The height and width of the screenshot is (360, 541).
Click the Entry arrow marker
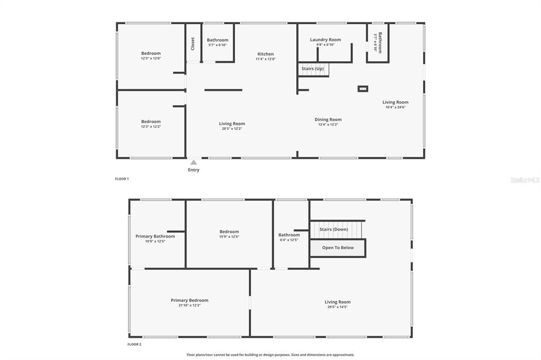tap(194, 163)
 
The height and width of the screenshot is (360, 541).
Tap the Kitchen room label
tap(266, 54)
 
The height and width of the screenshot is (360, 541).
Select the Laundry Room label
tap(325, 40)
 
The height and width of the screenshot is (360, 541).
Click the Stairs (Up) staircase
tap(313, 69)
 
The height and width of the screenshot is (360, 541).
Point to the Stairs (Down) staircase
tap(337, 230)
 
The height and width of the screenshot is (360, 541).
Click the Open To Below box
tap(338, 248)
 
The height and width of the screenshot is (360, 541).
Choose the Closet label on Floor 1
tap(193, 43)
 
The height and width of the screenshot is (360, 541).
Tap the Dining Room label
tap(328, 119)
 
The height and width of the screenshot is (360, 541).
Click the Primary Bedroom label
tap(190, 300)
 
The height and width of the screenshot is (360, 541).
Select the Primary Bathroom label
tap(155, 236)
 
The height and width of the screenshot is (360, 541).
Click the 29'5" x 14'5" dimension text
tap(338, 307)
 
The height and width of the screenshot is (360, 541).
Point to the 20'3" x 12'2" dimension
tap(232, 128)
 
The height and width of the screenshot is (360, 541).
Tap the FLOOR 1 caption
tap(122, 179)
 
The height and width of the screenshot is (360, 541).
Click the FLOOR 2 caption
tap(134, 344)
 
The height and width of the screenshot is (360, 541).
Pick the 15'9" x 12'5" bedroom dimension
tap(229, 236)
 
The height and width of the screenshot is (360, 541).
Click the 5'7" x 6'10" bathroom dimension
tap(218, 45)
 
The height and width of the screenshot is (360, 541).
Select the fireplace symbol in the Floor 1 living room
tap(363, 89)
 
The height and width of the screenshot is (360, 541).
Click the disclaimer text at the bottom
tap(270, 355)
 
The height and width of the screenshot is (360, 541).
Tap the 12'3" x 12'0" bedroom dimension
tap(151, 58)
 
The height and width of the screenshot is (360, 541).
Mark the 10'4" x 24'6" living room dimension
tap(396, 107)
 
